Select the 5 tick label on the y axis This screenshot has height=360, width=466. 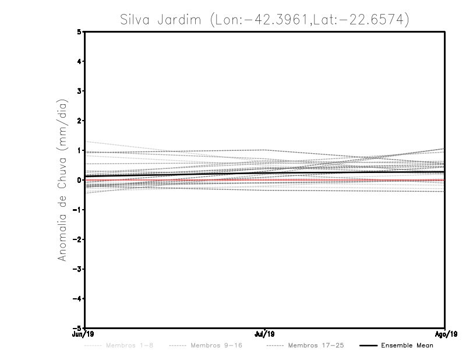(79, 32)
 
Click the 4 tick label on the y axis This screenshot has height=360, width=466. (79, 62)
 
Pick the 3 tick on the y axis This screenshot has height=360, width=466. (79, 91)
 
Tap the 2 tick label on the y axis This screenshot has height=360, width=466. (79, 121)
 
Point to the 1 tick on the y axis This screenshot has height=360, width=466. (79, 150)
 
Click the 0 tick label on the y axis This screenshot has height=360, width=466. (79, 180)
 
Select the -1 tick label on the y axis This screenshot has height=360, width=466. (77, 210)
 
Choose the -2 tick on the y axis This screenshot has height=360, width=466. (77, 239)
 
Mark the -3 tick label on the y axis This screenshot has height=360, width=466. (77, 269)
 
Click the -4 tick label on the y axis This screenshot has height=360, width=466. (77, 298)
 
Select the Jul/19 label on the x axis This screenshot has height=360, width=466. (265, 334)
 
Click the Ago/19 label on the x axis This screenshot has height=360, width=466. (444, 334)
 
